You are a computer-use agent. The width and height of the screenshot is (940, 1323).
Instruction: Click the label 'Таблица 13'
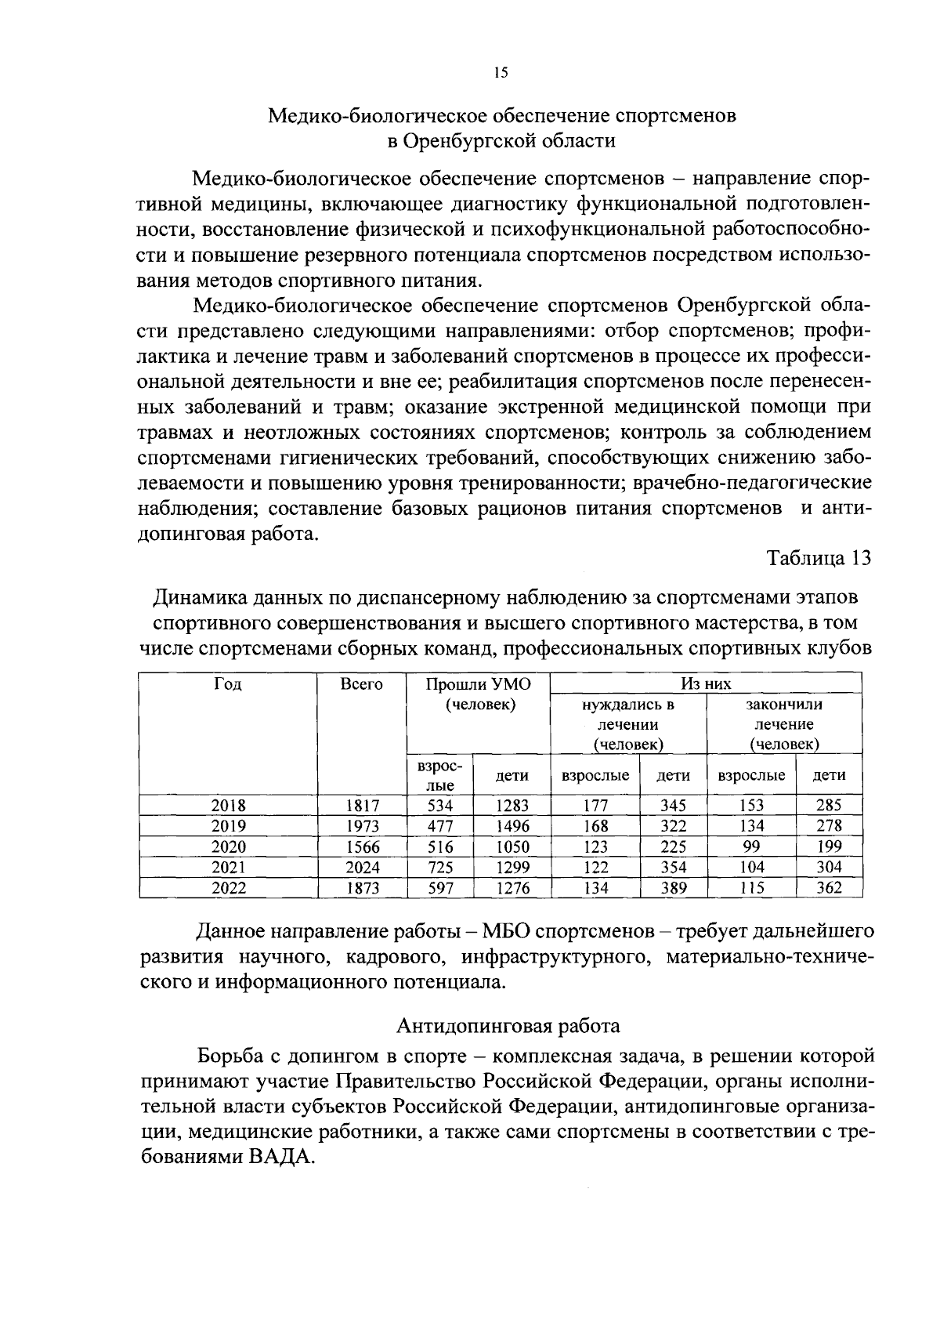[x=819, y=559]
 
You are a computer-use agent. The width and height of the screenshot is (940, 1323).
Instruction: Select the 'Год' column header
[x=228, y=684]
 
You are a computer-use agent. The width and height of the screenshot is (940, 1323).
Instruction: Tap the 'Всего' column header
[x=362, y=684]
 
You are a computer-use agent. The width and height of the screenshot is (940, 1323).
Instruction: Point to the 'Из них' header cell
[x=706, y=684]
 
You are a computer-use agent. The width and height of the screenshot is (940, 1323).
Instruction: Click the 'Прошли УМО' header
[x=478, y=684]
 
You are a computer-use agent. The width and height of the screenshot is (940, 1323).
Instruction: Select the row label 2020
[x=228, y=846]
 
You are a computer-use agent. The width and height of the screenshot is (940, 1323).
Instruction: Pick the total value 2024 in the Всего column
[x=362, y=868]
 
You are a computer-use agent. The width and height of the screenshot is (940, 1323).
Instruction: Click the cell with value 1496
[x=512, y=826]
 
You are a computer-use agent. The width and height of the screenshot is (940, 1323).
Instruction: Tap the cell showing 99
[x=751, y=846]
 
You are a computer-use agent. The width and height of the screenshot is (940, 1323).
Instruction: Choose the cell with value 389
[x=673, y=888]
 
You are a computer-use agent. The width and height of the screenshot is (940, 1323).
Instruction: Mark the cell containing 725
[x=440, y=868]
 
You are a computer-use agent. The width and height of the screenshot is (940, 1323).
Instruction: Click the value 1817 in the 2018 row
[x=362, y=805]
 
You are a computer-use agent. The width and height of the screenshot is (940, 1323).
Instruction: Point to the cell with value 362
[x=829, y=888]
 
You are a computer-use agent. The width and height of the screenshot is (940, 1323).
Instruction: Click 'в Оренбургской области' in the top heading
[x=502, y=141]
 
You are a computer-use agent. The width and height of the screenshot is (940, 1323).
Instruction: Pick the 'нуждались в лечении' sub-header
[x=628, y=724]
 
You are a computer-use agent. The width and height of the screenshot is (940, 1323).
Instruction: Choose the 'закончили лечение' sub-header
[x=783, y=724]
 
